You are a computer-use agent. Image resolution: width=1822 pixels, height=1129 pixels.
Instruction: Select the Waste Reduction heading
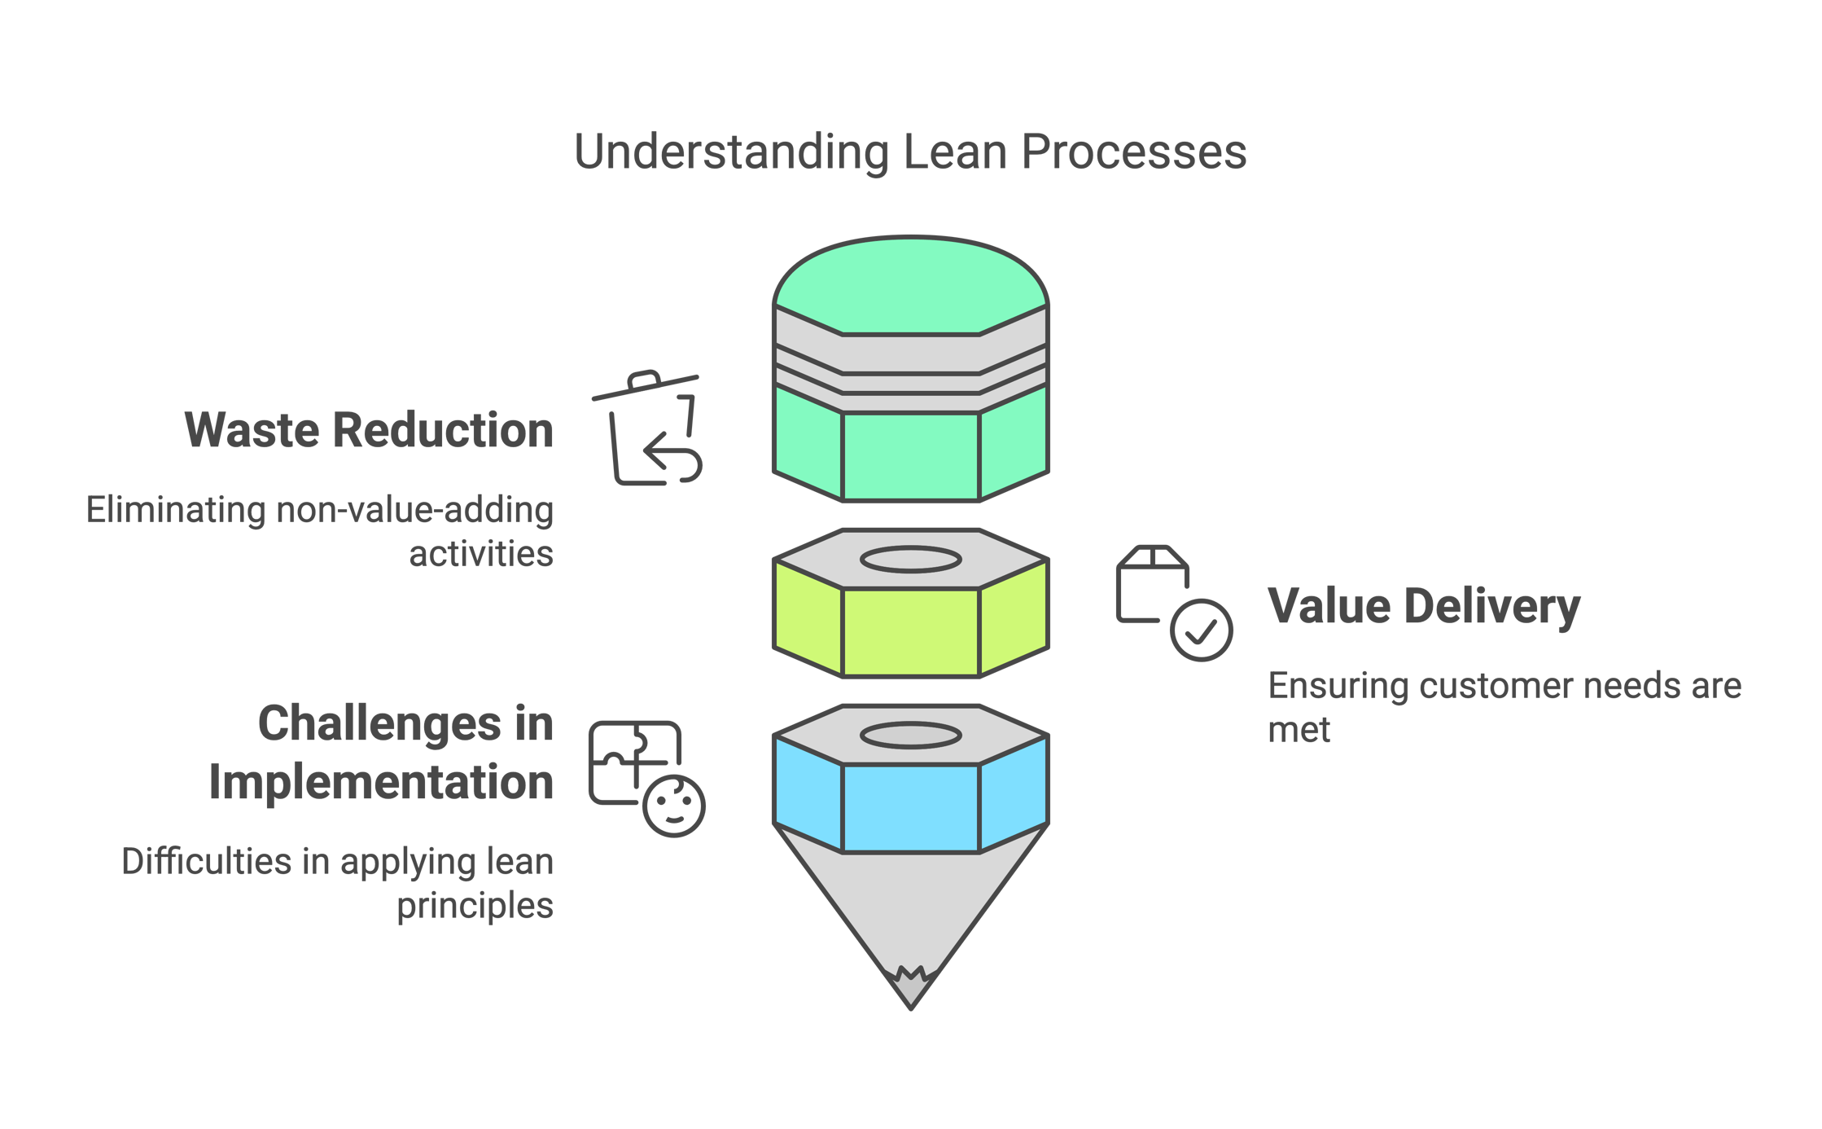[369, 430]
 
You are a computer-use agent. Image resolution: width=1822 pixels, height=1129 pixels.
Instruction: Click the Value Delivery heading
[1424, 607]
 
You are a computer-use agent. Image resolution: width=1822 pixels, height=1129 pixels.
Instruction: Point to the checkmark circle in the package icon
[1201, 630]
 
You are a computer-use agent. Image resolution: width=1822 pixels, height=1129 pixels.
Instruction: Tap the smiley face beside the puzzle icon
[674, 806]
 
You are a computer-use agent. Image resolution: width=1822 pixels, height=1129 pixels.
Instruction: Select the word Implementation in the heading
[381, 783]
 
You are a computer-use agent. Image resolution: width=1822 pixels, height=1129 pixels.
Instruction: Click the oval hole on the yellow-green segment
[910, 560]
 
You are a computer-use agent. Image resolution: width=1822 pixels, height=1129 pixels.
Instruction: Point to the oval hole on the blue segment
[910, 736]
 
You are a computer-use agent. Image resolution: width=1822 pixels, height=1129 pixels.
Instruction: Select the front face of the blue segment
[910, 808]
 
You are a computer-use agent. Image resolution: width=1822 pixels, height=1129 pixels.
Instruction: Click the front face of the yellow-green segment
[910, 632]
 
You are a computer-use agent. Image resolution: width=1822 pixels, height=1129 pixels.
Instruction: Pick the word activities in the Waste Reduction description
[480, 555]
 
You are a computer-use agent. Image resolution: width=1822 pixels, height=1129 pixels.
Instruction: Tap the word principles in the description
[475, 906]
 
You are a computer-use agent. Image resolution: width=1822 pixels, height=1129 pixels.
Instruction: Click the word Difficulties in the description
[206, 862]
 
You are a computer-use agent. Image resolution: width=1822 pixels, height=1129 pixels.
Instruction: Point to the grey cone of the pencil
[910, 904]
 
